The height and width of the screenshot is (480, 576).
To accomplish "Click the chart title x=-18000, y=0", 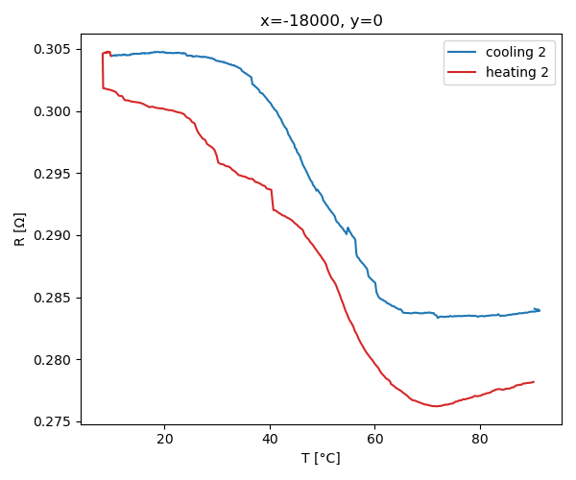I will pos(322,20).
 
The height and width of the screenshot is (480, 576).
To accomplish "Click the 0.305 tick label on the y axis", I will pos(54,50).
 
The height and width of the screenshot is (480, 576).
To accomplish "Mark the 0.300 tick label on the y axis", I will pos(54,111).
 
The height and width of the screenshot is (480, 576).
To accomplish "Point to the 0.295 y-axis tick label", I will pos(54,174).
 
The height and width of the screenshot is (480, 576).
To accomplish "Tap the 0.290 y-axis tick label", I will pos(54,235).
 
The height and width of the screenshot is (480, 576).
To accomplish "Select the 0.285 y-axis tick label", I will pos(54,298).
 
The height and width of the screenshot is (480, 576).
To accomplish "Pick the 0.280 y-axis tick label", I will pos(54,360).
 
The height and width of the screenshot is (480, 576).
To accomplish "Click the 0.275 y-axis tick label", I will pos(54,421).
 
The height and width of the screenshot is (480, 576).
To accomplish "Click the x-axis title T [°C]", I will pos(322,458).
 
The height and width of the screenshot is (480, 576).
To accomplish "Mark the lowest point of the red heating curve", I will pos(436,406).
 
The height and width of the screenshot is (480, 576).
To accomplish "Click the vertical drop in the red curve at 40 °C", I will pos(273,200).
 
